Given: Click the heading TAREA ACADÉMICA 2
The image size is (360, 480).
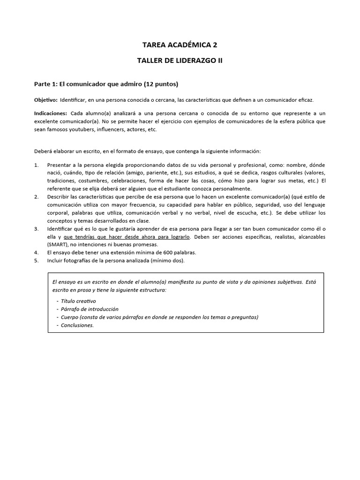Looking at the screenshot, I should coord(180,45).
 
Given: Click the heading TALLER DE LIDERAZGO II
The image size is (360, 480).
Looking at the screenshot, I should coord(180,61).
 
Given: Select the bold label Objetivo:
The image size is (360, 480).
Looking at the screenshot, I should coord(45,100).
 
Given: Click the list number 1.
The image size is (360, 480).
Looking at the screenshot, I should coord(37,165).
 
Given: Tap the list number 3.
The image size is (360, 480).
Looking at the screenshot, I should coord(37,229).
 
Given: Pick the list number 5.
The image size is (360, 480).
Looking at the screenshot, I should coord(37,261).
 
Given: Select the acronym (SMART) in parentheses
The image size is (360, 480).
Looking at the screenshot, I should coord(59,245).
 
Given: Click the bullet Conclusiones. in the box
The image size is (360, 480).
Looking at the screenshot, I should coord(77,325).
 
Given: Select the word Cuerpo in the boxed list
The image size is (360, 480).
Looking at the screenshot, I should coord(70,317).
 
